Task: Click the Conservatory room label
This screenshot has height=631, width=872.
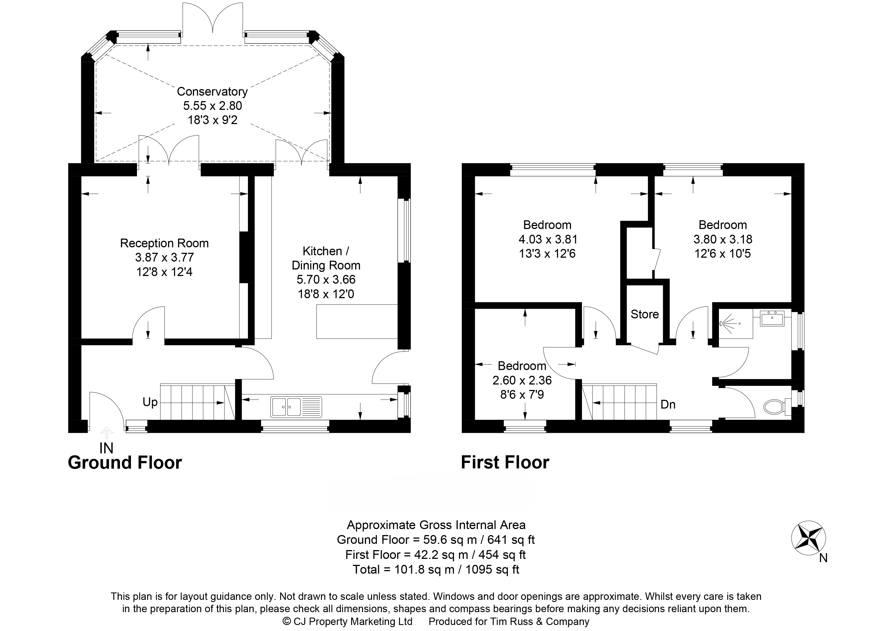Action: tap(212, 92)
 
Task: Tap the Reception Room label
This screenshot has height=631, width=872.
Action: tap(164, 243)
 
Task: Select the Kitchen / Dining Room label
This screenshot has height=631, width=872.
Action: tap(326, 258)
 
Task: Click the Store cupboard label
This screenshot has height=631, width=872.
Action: tap(645, 314)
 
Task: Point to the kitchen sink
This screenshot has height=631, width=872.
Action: tap(296, 407)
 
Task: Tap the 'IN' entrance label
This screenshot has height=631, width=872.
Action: tap(107, 448)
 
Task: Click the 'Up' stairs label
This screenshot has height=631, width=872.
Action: tap(150, 402)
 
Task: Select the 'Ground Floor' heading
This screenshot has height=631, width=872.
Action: tap(125, 463)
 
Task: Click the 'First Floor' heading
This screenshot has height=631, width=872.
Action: tap(505, 462)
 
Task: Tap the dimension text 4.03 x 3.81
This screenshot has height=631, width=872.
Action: tap(548, 239)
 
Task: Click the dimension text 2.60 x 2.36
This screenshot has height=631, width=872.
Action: tap(522, 380)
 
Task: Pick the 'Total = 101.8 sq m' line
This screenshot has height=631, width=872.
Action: tap(436, 569)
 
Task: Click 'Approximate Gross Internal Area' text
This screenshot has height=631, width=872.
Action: tap(436, 525)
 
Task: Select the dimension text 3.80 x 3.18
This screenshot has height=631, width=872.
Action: tap(723, 239)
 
